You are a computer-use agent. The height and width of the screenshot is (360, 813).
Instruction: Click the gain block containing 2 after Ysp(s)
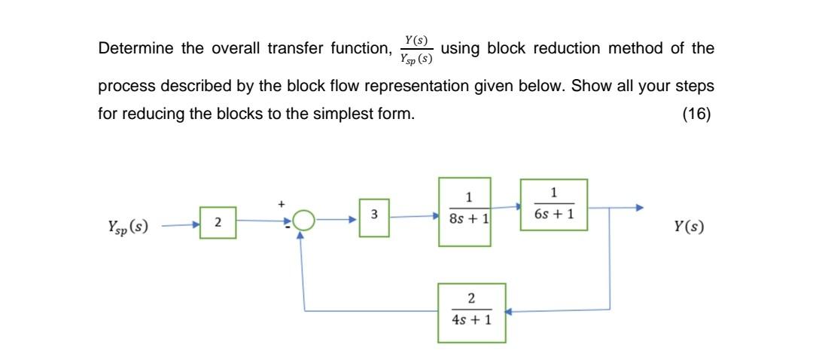[218, 223]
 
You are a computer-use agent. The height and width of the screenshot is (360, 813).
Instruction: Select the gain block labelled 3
[374, 218]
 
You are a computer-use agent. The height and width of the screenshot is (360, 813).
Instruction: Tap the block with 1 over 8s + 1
[464, 212]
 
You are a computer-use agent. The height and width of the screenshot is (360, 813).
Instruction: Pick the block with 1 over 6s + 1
[553, 205]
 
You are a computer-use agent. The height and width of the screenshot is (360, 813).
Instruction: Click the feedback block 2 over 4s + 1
[472, 313]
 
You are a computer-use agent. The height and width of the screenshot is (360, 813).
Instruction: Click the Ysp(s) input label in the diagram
[128, 225]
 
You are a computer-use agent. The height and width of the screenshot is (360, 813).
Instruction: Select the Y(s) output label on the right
[690, 226]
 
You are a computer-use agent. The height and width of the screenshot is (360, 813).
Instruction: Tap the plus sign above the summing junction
[282, 203]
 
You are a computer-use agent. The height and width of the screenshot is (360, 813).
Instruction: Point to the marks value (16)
[697, 115]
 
